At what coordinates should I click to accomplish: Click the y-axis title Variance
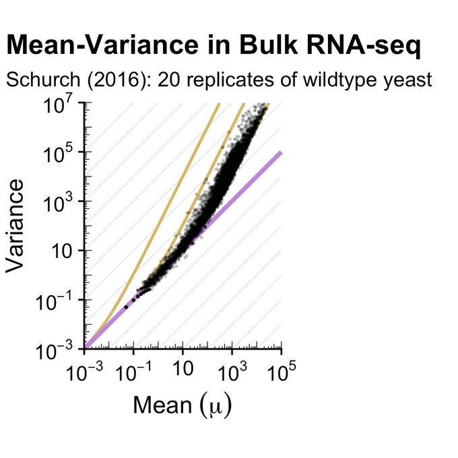click(16, 225)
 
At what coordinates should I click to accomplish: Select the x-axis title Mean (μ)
click(183, 405)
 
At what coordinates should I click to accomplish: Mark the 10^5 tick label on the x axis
click(281, 371)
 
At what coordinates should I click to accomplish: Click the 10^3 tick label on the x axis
click(232, 371)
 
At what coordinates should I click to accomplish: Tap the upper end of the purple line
click(280, 153)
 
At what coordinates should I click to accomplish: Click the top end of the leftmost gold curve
click(219, 104)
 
